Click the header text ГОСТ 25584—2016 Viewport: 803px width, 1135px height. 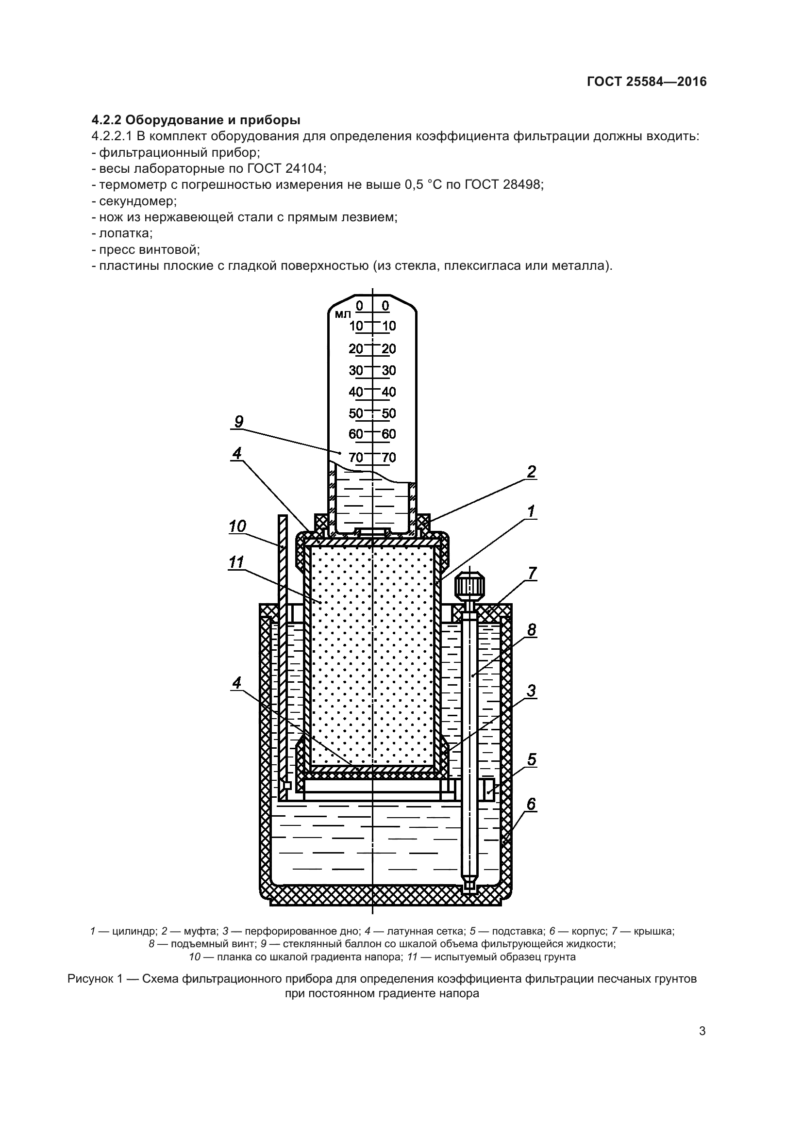coord(646,82)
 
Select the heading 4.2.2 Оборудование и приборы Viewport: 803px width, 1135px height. coord(196,120)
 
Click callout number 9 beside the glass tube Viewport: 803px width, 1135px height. coord(239,422)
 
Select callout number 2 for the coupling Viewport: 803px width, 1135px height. coord(532,472)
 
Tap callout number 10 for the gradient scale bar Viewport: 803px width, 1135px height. coord(237,526)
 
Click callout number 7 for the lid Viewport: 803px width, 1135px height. coord(532,574)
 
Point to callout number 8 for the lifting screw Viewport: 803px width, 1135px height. coord(532,629)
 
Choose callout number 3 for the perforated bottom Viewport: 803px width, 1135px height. coord(531,691)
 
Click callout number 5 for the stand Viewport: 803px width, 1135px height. coord(532,759)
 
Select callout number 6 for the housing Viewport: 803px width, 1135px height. coord(531,804)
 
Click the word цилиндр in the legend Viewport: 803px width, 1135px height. coord(134,931)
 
